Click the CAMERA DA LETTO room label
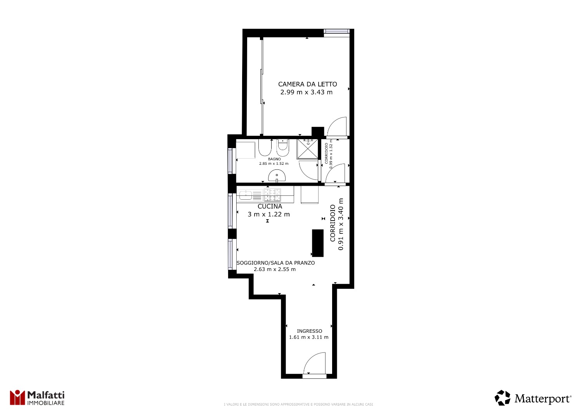307,84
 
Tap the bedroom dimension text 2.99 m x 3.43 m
307,92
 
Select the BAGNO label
274,159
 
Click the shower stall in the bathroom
307,149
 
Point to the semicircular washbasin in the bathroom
277,176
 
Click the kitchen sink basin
245,195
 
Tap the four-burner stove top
272,195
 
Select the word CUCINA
270,206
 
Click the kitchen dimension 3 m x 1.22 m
268,214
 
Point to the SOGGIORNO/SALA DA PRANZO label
275,263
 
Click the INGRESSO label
310,331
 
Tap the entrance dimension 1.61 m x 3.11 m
309,337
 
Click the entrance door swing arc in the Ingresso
310,358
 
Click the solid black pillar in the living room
318,243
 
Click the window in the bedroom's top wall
336,31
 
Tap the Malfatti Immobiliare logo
37,398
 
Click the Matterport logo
533,398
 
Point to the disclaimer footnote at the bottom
298,404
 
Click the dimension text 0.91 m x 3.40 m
341,224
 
